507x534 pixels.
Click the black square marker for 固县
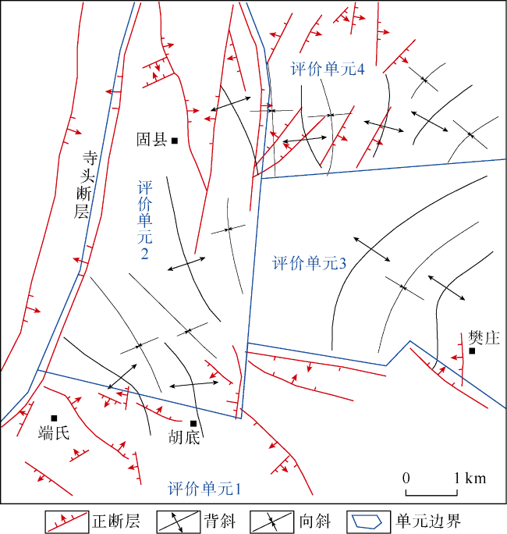(175, 141)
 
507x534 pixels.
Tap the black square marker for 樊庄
(472, 351)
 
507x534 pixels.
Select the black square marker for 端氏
(54, 418)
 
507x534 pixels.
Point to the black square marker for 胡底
(193, 423)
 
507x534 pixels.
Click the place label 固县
(152, 140)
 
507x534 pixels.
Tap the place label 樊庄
(484, 338)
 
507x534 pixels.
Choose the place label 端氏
(54, 433)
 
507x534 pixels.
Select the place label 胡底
(184, 437)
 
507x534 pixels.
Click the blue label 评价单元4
(328, 69)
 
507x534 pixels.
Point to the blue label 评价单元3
(309, 263)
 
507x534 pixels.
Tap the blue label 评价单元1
(204, 489)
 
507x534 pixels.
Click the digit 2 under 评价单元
(144, 254)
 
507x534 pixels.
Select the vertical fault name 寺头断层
(83, 185)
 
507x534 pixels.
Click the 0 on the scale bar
(406, 478)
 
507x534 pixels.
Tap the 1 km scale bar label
(470, 478)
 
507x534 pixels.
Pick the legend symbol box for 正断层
(67, 522)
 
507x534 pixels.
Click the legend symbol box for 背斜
(178, 522)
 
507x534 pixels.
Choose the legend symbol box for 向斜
(271, 522)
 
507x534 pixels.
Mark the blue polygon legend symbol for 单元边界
(367, 522)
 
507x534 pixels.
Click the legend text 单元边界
(428, 521)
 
